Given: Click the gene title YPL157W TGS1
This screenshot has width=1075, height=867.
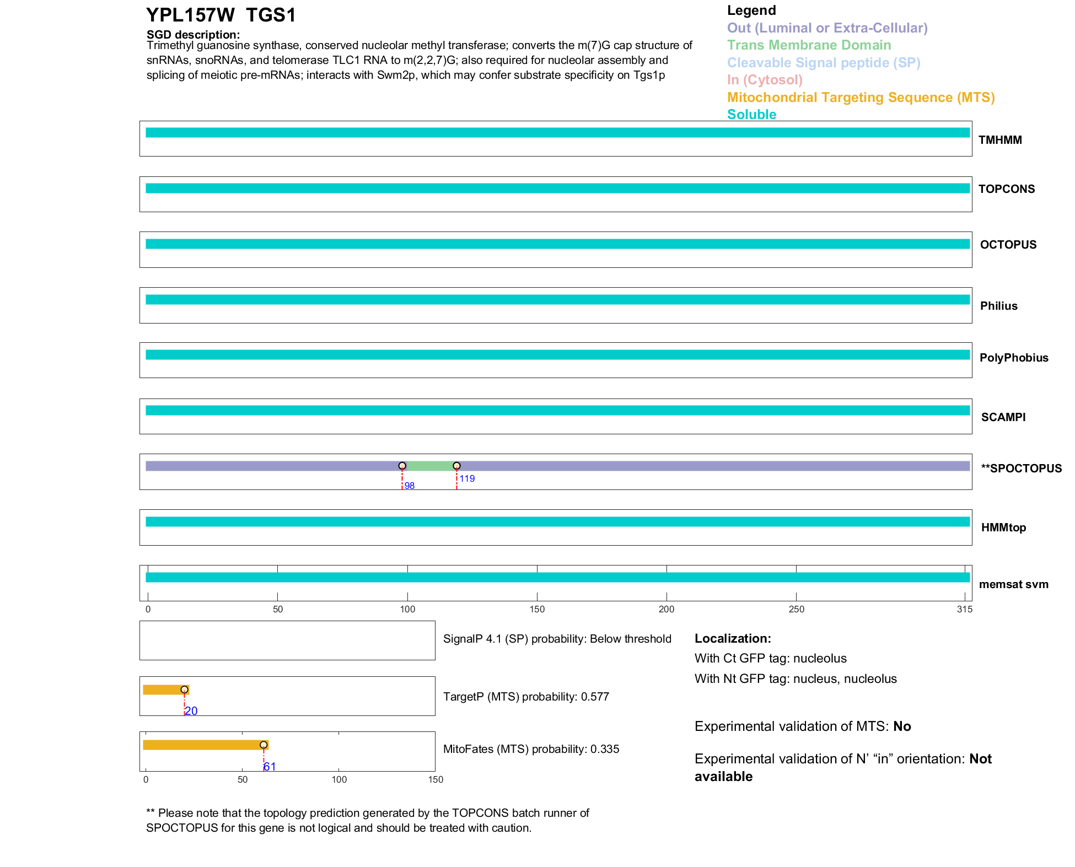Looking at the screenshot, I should pyautogui.click(x=221, y=15).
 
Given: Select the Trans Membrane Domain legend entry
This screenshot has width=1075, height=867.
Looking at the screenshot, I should pyautogui.click(x=809, y=45).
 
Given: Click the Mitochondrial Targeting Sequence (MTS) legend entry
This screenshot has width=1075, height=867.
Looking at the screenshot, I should pyautogui.click(x=861, y=98).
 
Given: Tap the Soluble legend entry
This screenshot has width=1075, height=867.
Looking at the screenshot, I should pyautogui.click(x=751, y=115).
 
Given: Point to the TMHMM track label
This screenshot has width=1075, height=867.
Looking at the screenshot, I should pyautogui.click(x=999, y=140).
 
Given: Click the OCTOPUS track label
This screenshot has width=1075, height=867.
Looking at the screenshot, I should pyautogui.click(x=1008, y=245).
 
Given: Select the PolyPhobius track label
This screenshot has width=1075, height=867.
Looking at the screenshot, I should pyautogui.click(x=1013, y=358).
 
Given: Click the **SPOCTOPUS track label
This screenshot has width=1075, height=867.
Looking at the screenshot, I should pyautogui.click(x=1021, y=468).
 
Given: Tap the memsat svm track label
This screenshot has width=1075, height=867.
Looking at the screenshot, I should pyautogui.click(x=1013, y=584).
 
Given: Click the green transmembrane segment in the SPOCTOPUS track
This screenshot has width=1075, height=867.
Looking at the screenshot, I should pyautogui.click(x=429, y=466).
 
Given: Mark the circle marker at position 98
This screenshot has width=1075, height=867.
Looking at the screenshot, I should pyautogui.click(x=402, y=466).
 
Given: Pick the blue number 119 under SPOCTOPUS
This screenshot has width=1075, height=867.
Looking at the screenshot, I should pyautogui.click(x=467, y=478).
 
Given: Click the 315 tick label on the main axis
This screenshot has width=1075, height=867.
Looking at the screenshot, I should pyautogui.click(x=964, y=609).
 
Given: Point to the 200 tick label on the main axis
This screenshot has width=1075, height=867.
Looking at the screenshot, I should pyautogui.click(x=666, y=609).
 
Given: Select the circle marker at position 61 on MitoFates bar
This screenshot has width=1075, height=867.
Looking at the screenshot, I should pyautogui.click(x=264, y=745).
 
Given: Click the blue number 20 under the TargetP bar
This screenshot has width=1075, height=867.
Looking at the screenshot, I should pyautogui.click(x=191, y=711).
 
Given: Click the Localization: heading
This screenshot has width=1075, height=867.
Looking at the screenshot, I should pyautogui.click(x=732, y=638).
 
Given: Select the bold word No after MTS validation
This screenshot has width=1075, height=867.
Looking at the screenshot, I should pyautogui.click(x=902, y=726).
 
